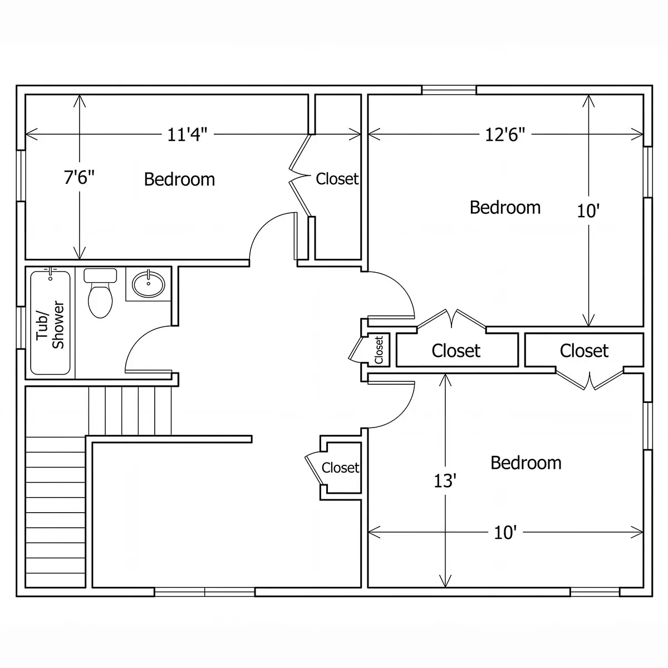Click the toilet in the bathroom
point(100,293)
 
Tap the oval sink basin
point(149,284)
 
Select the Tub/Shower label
point(51,325)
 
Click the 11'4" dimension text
point(187,135)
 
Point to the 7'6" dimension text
point(79,177)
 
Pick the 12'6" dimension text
point(505,135)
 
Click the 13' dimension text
point(445,481)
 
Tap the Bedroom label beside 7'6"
point(179,180)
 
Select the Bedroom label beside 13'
point(526,463)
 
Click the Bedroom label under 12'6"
point(505,208)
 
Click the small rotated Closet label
point(379,350)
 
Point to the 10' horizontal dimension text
point(505,533)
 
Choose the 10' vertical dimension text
point(588,211)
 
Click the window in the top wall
point(449,90)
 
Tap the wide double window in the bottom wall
point(204,592)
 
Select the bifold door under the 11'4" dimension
point(300,175)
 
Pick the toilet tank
point(100,275)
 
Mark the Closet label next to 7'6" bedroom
point(337,179)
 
